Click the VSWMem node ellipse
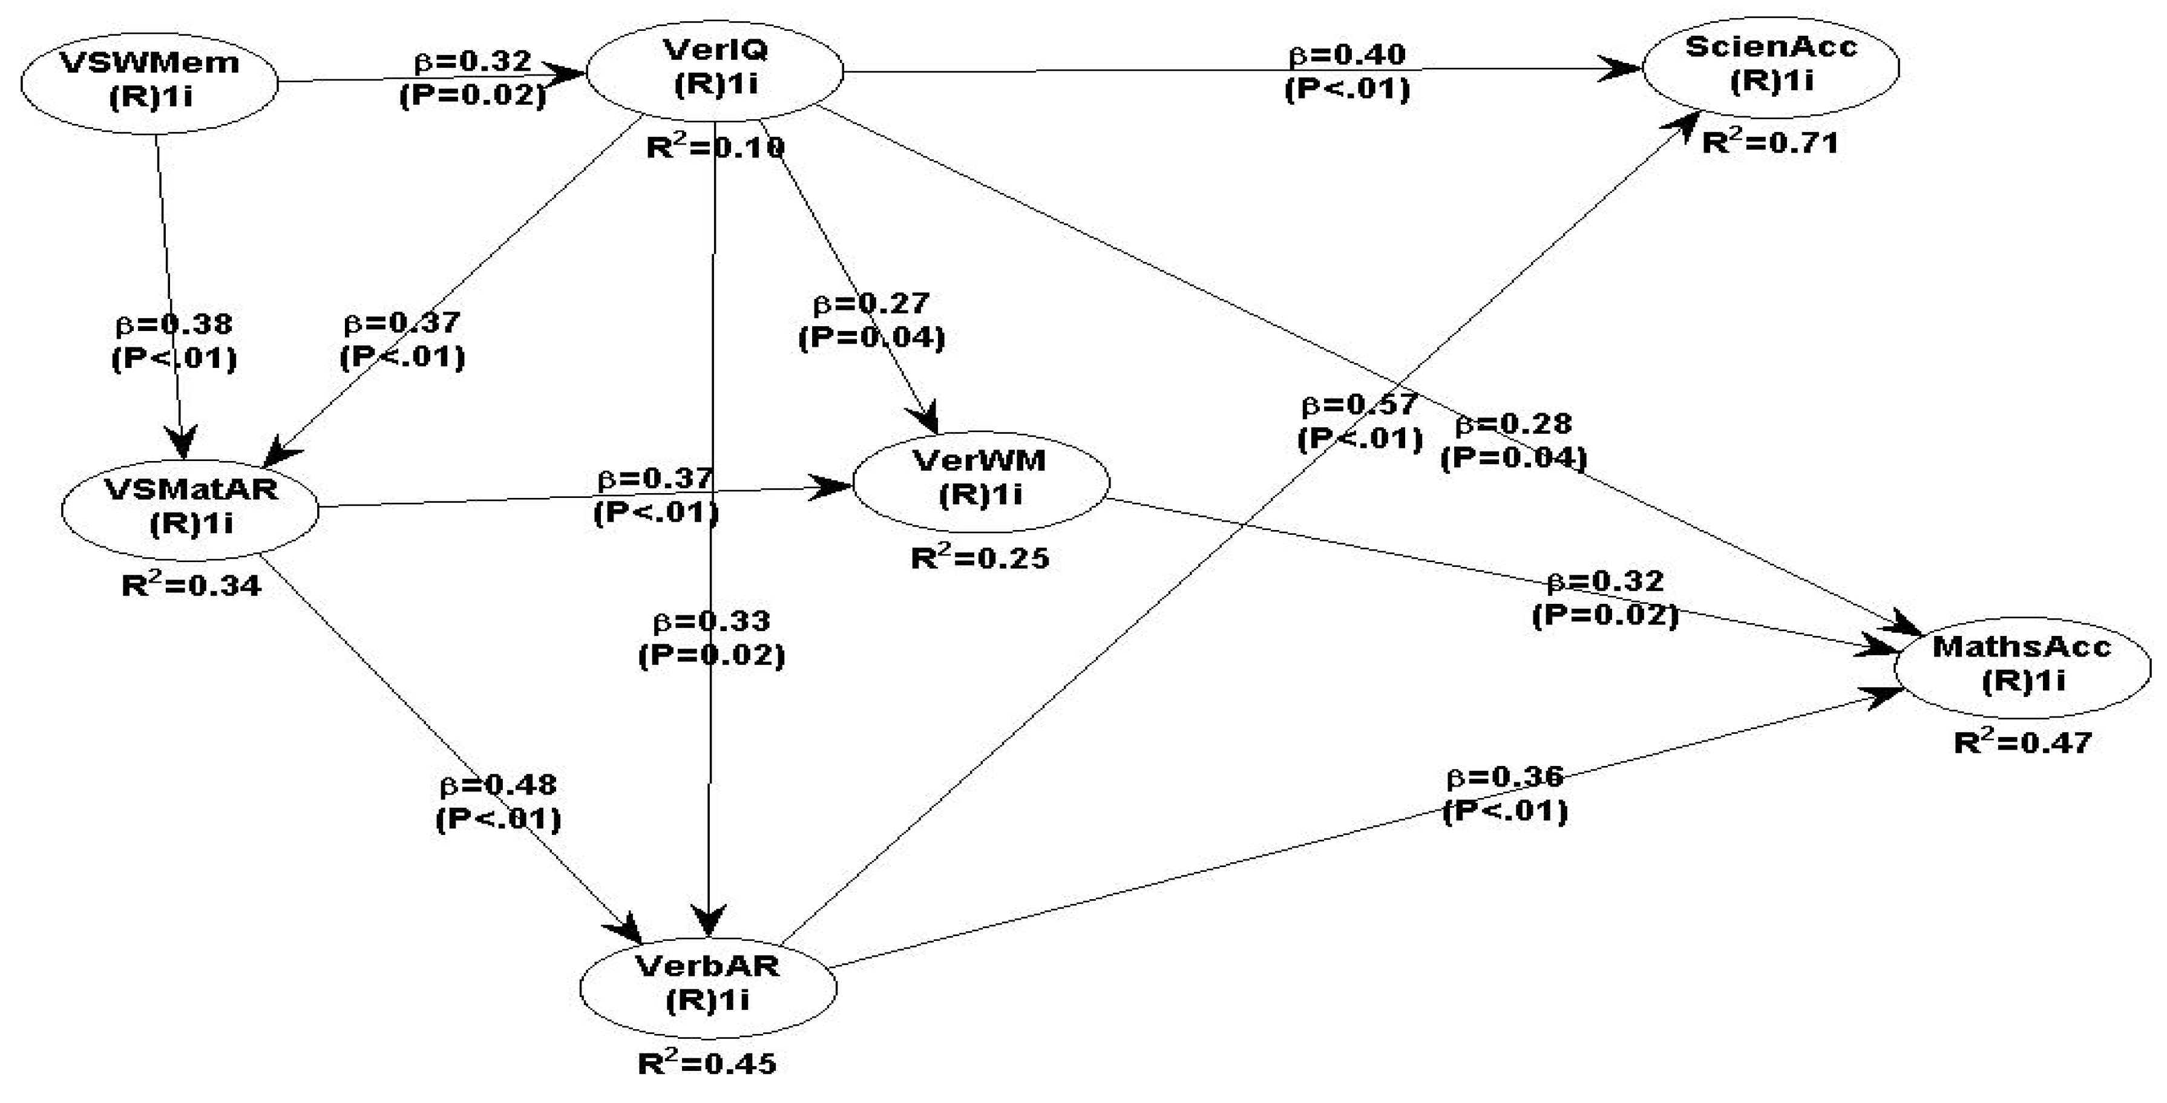(x=149, y=80)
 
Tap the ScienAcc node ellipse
(x=1771, y=65)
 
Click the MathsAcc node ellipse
(x=2022, y=665)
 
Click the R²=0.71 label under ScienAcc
(x=1770, y=143)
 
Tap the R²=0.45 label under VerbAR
(x=707, y=1064)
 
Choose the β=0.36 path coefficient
(x=1505, y=778)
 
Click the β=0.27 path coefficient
(x=871, y=303)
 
